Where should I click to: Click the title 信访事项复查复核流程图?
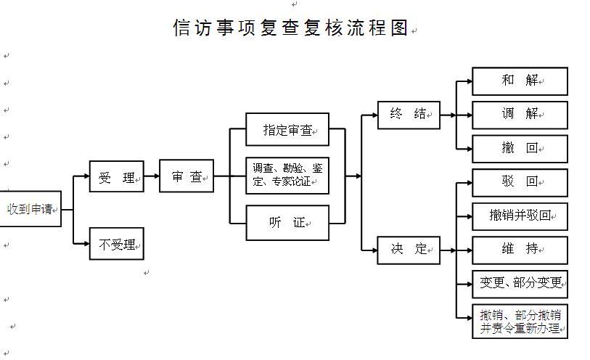pyautogui.click(x=290, y=28)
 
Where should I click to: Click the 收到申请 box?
pyautogui.click(x=30, y=209)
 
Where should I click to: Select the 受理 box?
pyautogui.click(x=116, y=176)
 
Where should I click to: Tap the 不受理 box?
pyautogui.click(x=116, y=244)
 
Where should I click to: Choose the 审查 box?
pyautogui.click(x=187, y=176)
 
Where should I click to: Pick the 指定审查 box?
pyautogui.click(x=287, y=130)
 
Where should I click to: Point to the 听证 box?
pyautogui.click(x=287, y=223)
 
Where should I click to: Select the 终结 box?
pyautogui.click(x=409, y=115)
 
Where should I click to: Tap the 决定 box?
pyautogui.click(x=409, y=250)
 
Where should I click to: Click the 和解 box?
pyautogui.click(x=520, y=81)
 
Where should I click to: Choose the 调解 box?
pyautogui.click(x=520, y=115)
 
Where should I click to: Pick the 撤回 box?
pyautogui.click(x=520, y=148)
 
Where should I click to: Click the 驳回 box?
pyautogui.click(x=520, y=182)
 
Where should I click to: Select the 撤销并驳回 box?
pyautogui.click(x=520, y=216)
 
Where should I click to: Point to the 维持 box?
pyautogui.click(x=520, y=250)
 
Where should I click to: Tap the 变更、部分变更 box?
pyautogui.click(x=520, y=284)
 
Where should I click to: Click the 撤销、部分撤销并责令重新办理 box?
pyautogui.click(x=520, y=322)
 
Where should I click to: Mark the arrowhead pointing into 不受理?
pyautogui.click(x=85, y=244)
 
